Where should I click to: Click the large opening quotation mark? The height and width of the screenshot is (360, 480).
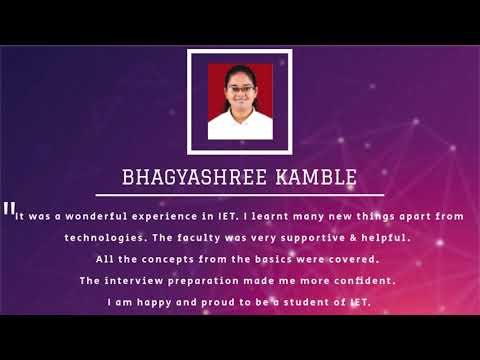tap(9, 210)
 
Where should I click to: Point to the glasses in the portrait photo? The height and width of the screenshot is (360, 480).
tap(240, 89)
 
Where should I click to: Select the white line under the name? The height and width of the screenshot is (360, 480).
tap(240, 194)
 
